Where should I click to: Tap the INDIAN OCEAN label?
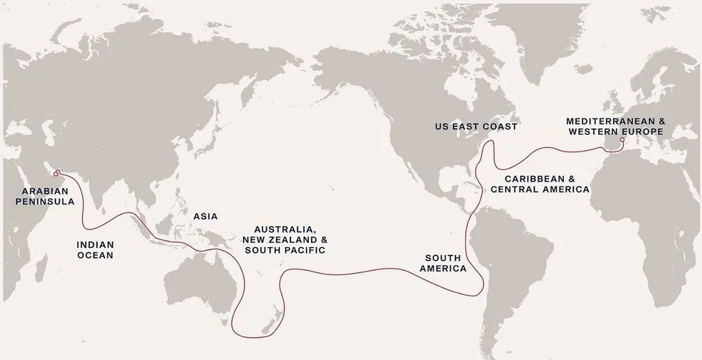[95, 251]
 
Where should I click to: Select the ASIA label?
[204, 217]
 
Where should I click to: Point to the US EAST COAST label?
[475, 127]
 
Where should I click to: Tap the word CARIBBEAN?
[536, 179]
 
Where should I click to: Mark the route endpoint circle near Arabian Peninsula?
[55, 171]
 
